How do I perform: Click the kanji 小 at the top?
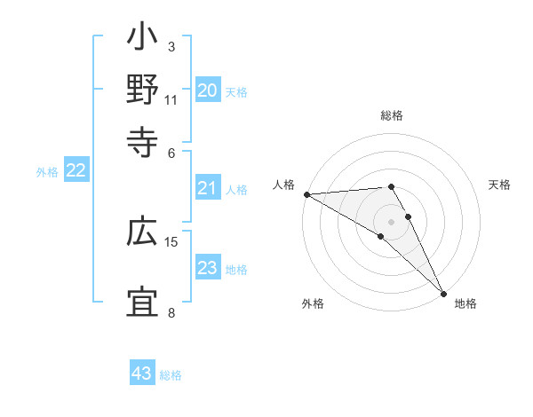click(x=142, y=40)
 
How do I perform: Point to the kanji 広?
click(x=142, y=233)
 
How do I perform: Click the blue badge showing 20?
click(x=208, y=90)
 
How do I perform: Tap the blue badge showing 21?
click(x=208, y=188)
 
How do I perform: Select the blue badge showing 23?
click(x=208, y=269)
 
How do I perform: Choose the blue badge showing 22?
click(x=76, y=171)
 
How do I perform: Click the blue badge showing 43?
click(x=142, y=374)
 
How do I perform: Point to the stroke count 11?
click(x=171, y=99)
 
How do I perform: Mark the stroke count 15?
click(x=171, y=241)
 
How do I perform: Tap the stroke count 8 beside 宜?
click(x=171, y=311)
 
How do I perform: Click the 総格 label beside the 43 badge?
click(x=171, y=375)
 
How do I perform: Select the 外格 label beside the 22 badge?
click(x=47, y=172)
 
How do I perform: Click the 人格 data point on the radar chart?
click(x=306, y=194)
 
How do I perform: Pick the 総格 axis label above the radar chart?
click(x=392, y=115)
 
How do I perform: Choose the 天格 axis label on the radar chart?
click(x=499, y=185)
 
